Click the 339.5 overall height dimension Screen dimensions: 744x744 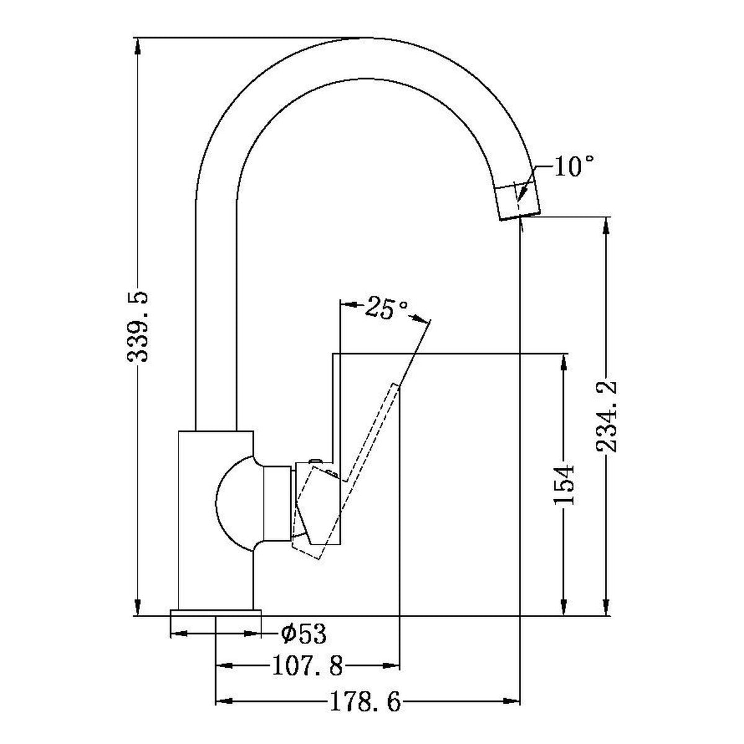(x=138, y=327)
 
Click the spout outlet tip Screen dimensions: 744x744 (x=520, y=217)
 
